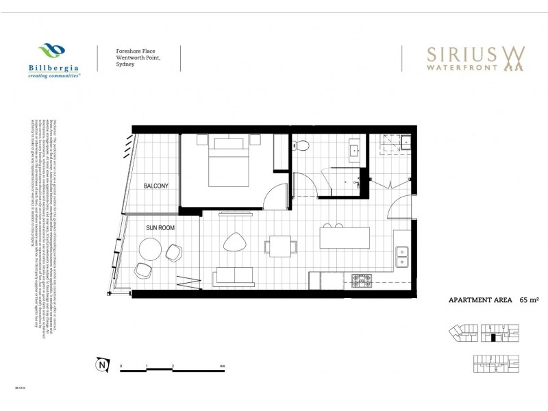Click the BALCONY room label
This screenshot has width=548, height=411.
click(x=156, y=186)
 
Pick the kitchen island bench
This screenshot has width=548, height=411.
click(x=344, y=238)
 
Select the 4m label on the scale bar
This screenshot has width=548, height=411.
click(x=223, y=366)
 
